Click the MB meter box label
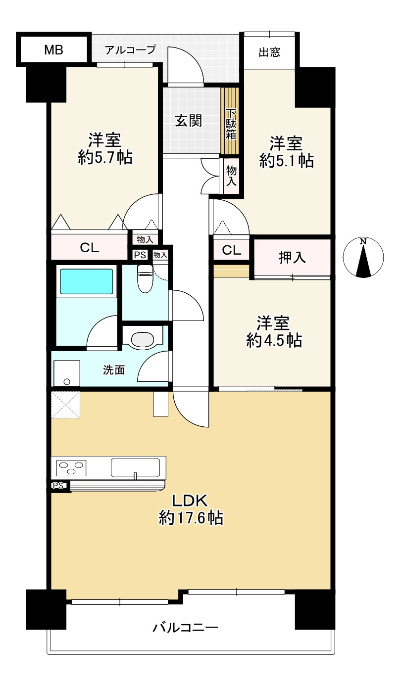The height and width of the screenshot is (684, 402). pos(54,49)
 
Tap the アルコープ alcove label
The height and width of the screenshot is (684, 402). pos(130,49)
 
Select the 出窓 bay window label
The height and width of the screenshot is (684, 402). pos(269,52)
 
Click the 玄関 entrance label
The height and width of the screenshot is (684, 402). pos(188,121)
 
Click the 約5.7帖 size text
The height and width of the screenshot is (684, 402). pos(105,158)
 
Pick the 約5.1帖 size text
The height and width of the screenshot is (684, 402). pos(287,161)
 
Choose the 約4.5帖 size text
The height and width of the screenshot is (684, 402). pos(274,340)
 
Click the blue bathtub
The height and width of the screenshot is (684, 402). pos(86,281)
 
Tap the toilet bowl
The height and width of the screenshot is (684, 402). pos(145,278)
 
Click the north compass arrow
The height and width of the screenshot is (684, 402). pos(363,261)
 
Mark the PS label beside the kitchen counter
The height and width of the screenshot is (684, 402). pos(58,485)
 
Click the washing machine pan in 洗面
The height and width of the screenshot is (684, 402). pos(67,373)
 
